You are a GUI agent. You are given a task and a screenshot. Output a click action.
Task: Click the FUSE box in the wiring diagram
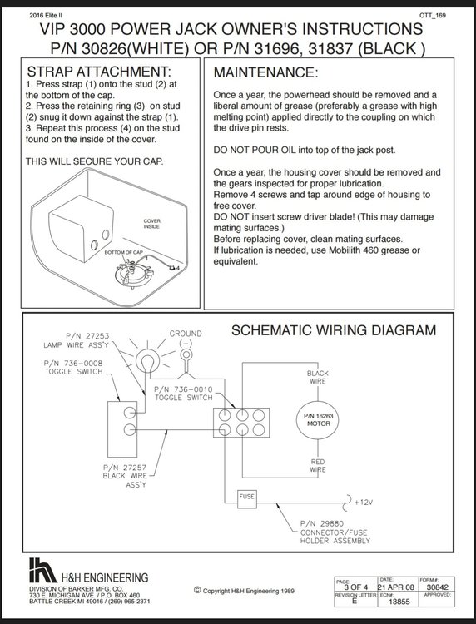pos(247,498)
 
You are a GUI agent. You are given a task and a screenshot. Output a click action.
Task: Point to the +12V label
pos(364,503)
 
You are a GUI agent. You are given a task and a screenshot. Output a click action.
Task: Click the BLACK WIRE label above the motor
pos(318,377)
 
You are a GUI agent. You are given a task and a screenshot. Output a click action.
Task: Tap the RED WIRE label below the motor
pos(318,466)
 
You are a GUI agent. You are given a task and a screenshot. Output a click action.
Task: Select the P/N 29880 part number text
pos(322,523)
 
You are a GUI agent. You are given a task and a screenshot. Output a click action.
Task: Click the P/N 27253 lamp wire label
pos(87,336)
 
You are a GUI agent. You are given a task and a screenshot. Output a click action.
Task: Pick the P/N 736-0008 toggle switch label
pos(73,363)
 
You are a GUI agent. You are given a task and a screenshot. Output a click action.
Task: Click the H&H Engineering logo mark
pos(42,570)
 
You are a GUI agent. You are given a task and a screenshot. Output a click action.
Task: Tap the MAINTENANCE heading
pos(265,73)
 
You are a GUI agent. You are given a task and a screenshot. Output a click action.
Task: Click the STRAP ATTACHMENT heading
pos(99,72)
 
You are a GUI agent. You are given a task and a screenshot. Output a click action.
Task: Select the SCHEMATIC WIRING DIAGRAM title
pos(334,330)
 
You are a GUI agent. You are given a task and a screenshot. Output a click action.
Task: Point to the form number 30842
pos(437,587)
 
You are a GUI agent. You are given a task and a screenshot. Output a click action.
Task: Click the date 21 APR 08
pos(395,587)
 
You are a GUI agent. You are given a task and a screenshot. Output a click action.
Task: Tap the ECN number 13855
pos(399,602)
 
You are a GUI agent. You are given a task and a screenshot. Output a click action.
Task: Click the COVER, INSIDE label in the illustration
pos(152,224)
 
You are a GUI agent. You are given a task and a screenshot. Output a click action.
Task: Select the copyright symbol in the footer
pos(197,590)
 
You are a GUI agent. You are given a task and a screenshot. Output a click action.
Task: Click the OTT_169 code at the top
pos(433,16)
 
